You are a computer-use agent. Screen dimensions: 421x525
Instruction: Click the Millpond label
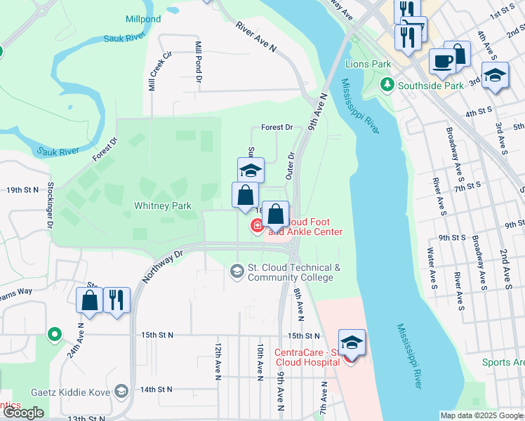click(144, 18)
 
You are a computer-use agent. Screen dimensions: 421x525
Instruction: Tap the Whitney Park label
click(162, 206)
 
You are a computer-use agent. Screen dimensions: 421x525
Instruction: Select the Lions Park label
click(368, 64)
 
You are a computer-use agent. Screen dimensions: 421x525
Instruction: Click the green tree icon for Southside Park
click(386, 85)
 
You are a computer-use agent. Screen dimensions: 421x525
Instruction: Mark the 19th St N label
click(23, 190)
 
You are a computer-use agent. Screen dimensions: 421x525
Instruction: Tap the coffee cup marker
click(441, 61)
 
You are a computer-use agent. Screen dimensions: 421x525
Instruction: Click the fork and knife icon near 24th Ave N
click(117, 300)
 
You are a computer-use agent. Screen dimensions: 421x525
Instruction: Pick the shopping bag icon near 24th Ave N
click(90, 300)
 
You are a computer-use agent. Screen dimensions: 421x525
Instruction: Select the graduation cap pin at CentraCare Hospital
click(352, 342)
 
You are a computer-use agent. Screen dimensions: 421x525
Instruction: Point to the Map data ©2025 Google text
click(481, 415)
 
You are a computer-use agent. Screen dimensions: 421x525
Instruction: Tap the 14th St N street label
click(157, 389)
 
